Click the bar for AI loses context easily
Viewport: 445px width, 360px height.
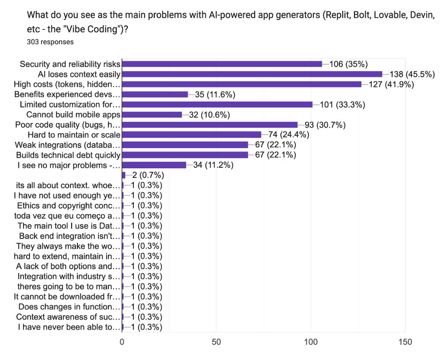point(252,74)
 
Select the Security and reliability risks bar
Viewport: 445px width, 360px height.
point(222,64)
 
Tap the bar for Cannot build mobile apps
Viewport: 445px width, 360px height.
point(152,115)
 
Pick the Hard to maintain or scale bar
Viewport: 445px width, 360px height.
point(191,135)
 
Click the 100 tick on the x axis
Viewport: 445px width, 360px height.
point(311,342)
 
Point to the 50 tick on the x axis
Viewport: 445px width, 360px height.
point(216,342)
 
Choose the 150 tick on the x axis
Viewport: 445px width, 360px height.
point(405,342)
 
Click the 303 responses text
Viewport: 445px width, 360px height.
point(50,42)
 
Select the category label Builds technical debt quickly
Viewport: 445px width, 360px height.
point(68,155)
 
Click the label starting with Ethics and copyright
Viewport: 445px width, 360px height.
point(68,206)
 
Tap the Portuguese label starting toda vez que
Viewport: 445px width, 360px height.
point(67,216)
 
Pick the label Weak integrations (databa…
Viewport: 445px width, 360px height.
point(68,145)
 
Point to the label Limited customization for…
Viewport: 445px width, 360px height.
point(70,105)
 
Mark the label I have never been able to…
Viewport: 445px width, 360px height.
point(69,327)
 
